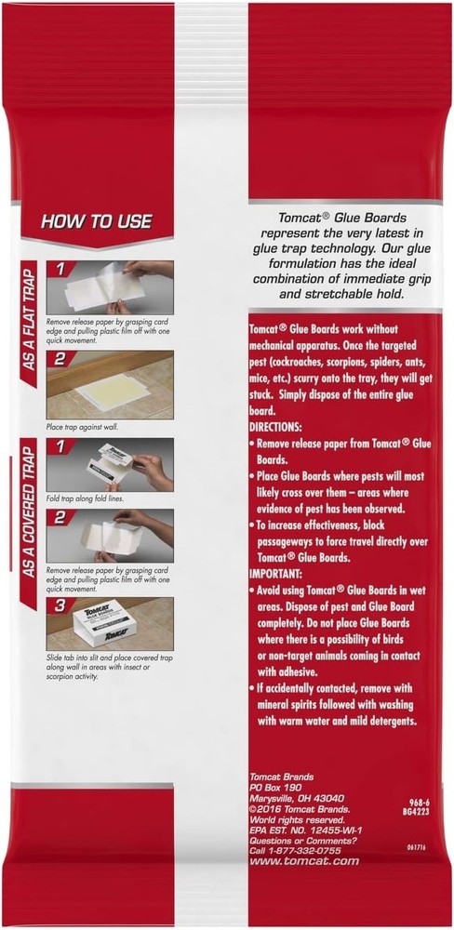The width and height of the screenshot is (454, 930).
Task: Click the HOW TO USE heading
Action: coord(96,222)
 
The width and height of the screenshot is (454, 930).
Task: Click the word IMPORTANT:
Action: coord(280,576)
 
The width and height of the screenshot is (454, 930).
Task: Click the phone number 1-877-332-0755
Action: coord(297,849)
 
